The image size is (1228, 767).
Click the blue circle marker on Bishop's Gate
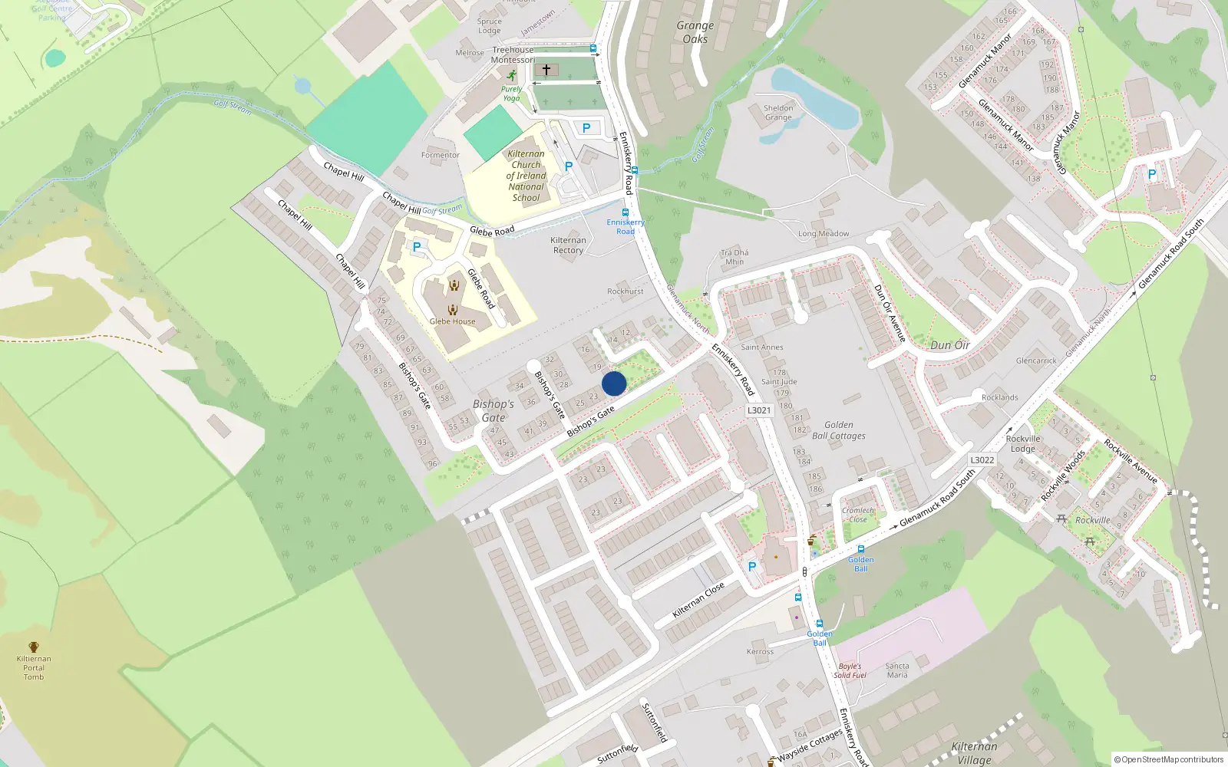[x=614, y=383]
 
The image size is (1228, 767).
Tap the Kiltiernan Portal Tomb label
[x=34, y=667]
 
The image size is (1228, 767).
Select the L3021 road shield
[x=758, y=410]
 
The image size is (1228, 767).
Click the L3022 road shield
[x=982, y=460]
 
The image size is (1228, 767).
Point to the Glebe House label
[x=452, y=321]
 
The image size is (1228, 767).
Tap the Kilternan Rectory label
[x=568, y=245]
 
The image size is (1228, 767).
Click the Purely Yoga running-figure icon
[x=511, y=75]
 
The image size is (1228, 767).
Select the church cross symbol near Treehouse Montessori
[x=546, y=70]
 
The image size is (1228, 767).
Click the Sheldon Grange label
[x=778, y=113]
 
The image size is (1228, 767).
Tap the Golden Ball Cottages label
[x=839, y=430]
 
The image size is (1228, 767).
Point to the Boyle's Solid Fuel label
[x=850, y=670]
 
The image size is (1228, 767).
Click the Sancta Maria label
[x=897, y=670]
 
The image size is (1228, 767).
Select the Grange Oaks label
[x=695, y=32]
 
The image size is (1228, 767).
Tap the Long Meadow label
[x=824, y=234]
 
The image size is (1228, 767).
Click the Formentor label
[x=440, y=155]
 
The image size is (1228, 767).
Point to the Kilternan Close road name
[x=698, y=600]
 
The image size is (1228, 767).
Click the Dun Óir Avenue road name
[x=890, y=313]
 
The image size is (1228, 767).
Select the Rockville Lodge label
[x=1023, y=443]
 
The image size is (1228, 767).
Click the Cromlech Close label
[x=858, y=515]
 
